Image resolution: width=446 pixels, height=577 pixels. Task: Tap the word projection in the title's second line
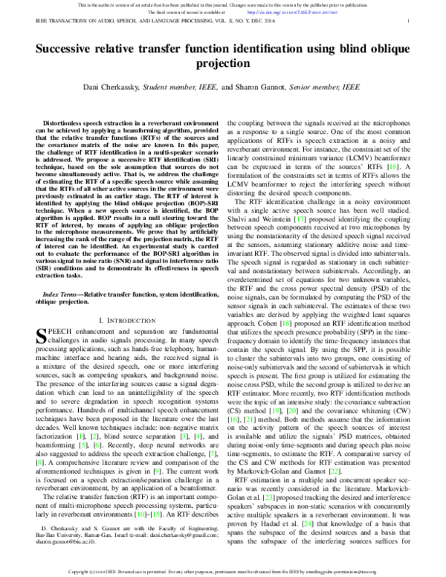pos(223,65)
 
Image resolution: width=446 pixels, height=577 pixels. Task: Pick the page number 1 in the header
pos(410,22)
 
